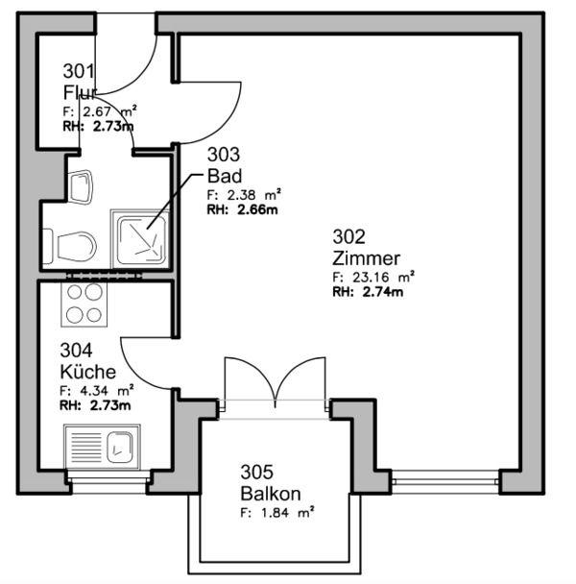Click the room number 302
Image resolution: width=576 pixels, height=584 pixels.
tap(348, 236)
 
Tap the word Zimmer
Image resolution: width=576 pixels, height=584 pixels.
tap(366, 258)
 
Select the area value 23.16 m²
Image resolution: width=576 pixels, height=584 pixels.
tap(373, 277)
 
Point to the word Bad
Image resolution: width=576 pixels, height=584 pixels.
tap(225, 176)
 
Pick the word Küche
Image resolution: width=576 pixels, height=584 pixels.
tap(88, 372)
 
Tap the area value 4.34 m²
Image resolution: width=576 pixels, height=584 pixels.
tap(97, 390)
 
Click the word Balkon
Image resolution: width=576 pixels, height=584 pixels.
tap(271, 494)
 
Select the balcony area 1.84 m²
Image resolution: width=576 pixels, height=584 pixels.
tap(277, 513)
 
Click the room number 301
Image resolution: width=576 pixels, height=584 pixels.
tap(78, 71)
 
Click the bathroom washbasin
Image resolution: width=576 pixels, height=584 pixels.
tap(81, 187)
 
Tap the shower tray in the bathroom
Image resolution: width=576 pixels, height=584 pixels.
tap(141, 239)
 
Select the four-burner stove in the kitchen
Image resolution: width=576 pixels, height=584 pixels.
tap(84, 304)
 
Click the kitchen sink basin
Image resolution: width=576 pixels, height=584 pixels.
tap(120, 448)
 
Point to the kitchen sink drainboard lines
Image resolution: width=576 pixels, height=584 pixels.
tap(85, 448)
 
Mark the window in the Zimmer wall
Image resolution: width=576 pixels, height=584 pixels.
tap(445, 482)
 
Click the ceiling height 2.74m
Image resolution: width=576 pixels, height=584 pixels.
tap(368, 292)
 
